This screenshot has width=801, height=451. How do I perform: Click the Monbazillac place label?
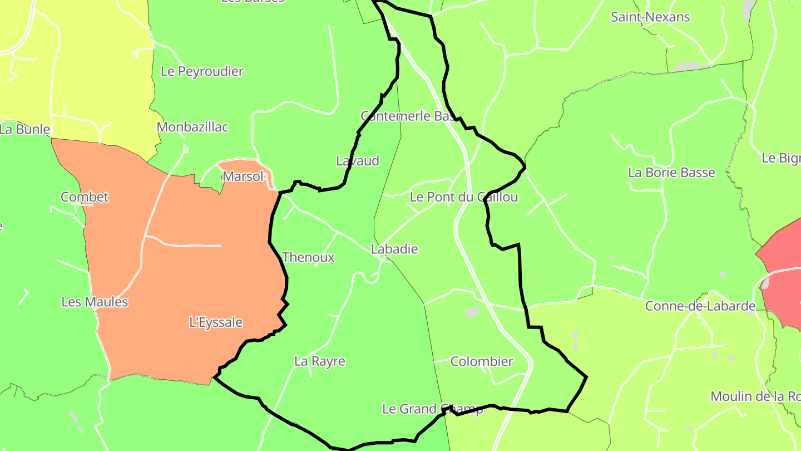[192, 127]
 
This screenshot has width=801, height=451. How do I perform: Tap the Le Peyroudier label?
[202, 71]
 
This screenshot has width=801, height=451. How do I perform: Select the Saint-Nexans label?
[650, 17]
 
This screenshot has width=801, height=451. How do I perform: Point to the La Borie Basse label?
[671, 173]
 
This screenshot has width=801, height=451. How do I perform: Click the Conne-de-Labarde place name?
[700, 306]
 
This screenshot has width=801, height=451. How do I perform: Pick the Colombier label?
[482, 361]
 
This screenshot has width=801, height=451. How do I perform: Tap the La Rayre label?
[320, 361]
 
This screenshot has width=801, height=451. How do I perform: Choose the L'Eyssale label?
[216, 322]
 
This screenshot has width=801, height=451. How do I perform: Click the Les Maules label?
[95, 302]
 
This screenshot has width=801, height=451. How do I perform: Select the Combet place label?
[85, 197]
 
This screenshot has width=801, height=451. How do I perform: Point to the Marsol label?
[243, 177]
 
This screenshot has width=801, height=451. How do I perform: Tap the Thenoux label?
[309, 257]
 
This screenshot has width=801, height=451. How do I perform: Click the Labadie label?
[394, 249]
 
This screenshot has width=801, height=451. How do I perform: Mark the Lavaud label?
[358, 161]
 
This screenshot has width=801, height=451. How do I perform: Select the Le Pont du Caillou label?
[464, 197]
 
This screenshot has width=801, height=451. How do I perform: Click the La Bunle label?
[24, 130]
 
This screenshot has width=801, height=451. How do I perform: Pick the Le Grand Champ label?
[433, 409]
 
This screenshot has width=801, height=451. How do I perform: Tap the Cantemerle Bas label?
[408, 116]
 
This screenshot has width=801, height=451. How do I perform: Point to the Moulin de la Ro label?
[755, 397]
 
